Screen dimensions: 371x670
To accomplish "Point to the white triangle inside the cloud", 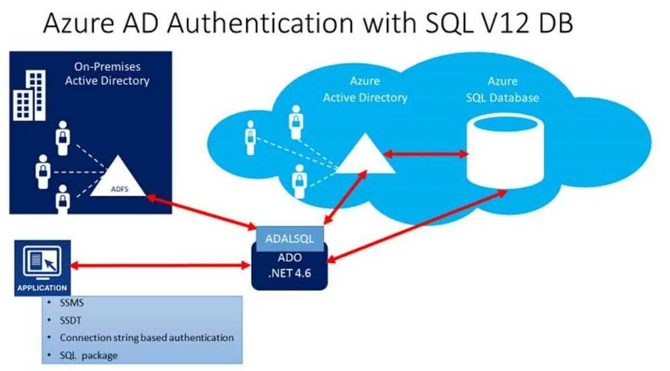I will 366,156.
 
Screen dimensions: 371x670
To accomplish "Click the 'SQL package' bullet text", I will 89,355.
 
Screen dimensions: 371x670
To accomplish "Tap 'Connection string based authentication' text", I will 147,338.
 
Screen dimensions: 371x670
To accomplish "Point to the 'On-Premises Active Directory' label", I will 107,74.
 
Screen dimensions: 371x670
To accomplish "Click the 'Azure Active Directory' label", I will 365,89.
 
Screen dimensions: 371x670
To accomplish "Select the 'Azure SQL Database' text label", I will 502,89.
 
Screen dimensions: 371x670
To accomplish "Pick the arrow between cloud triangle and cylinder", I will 426,153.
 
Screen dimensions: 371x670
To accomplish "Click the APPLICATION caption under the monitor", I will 42,288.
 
